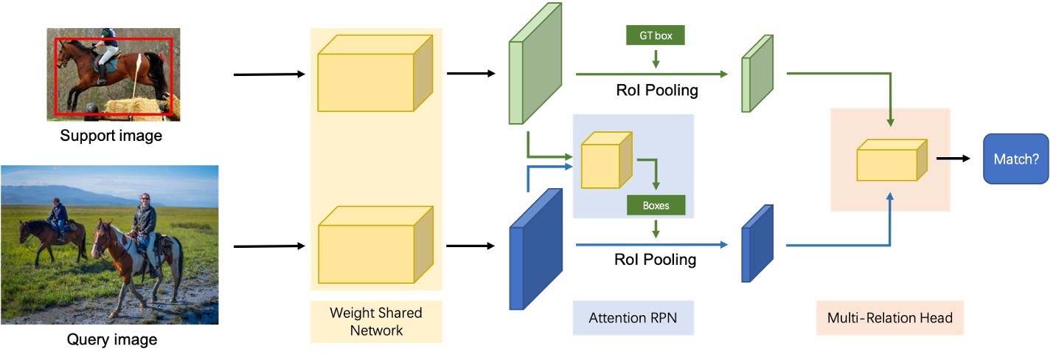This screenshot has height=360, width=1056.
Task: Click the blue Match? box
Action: pyautogui.click(x=1015, y=159)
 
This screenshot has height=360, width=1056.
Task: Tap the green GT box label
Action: pyautogui.click(x=655, y=35)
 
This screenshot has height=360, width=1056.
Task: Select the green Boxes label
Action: pyautogui.click(x=655, y=205)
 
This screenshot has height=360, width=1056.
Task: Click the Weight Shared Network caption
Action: pyautogui.click(x=376, y=321)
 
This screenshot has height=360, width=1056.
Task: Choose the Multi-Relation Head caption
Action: pyautogui.click(x=889, y=318)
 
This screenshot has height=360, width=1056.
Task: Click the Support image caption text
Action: pyautogui.click(x=111, y=136)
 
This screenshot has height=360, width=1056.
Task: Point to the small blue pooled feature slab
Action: pyautogui.click(x=757, y=244)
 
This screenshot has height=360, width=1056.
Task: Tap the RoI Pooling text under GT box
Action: pyautogui.click(x=656, y=91)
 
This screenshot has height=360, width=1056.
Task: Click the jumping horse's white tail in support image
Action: pyautogui.click(x=139, y=77)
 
